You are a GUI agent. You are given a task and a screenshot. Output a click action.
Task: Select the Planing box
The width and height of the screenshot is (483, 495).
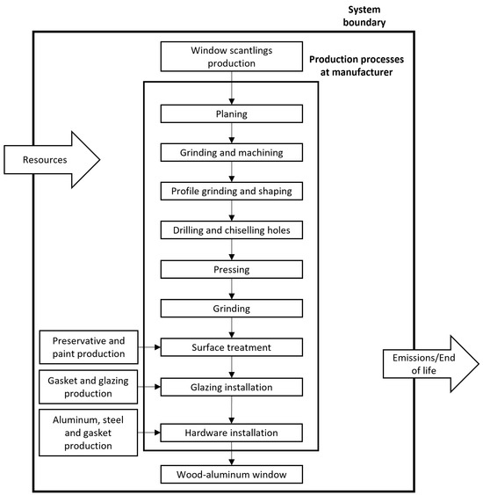[231, 113]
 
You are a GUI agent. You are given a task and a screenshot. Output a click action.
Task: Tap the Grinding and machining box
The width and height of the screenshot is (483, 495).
[231, 151]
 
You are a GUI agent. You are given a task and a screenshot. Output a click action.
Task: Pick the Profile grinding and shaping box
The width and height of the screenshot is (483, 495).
[231, 190]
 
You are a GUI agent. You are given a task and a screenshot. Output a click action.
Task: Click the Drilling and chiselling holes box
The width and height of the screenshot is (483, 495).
[231, 230]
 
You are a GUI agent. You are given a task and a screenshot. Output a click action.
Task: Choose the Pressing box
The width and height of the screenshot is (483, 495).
[231, 269]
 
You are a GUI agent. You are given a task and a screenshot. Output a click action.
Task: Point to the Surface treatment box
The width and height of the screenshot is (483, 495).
[231, 347]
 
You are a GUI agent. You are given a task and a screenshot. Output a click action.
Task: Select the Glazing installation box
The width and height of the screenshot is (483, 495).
[231, 386]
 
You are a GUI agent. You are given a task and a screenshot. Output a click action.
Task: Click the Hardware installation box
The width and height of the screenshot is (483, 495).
[231, 433]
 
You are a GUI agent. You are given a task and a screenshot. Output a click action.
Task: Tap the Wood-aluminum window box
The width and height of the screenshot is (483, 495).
[231, 476]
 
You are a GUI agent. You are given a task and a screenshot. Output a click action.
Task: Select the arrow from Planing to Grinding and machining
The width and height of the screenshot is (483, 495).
[231, 132]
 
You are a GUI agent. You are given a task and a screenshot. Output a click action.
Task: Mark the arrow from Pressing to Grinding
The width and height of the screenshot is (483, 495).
[231, 288]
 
